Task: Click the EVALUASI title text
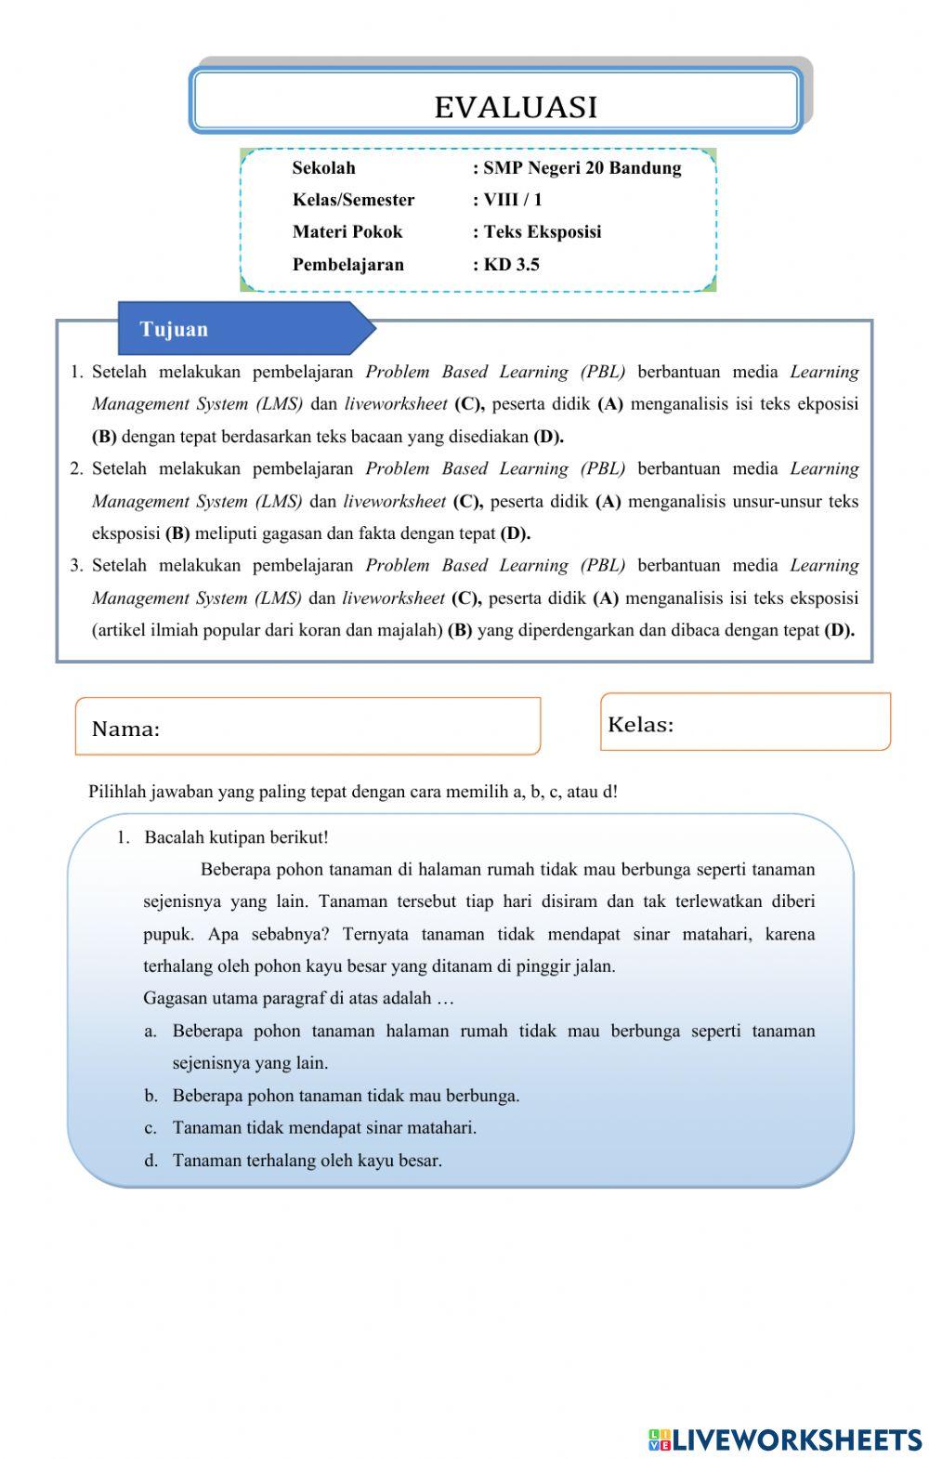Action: click(516, 108)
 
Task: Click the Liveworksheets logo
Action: click(785, 1439)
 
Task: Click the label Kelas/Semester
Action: click(353, 200)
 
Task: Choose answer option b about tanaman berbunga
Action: click(346, 1096)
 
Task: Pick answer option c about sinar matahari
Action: click(324, 1128)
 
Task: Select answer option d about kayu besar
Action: click(307, 1161)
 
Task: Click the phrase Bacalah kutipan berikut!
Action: click(236, 837)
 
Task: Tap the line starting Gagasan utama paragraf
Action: click(298, 999)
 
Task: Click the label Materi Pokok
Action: click(347, 232)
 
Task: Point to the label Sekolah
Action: click(323, 168)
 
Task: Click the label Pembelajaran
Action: click(348, 265)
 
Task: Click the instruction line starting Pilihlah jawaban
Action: click(353, 792)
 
